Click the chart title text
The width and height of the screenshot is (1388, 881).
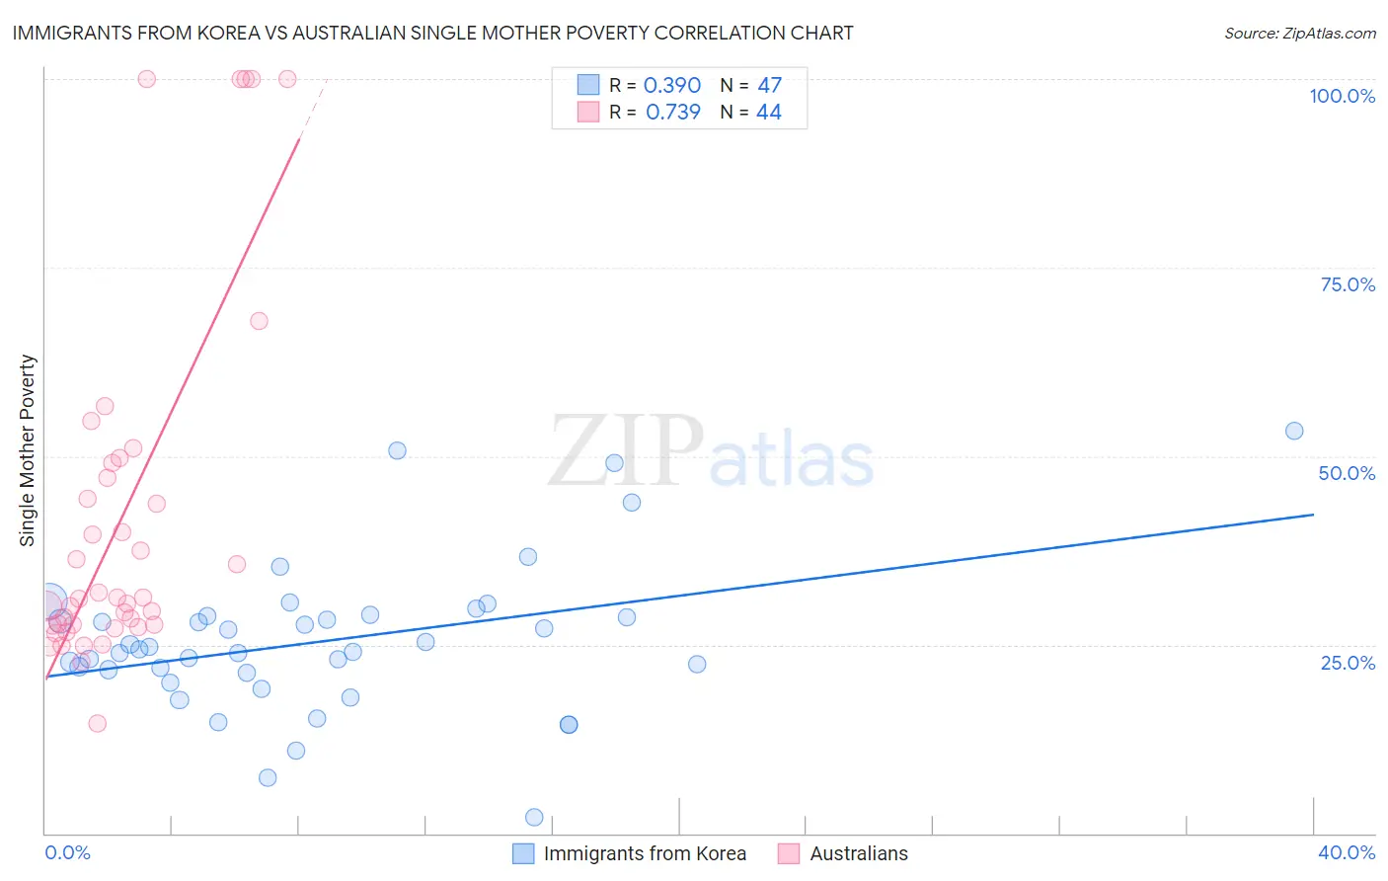point(432,33)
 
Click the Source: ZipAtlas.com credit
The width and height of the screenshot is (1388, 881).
point(1299,33)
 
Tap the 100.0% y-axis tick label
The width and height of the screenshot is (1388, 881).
point(1342,96)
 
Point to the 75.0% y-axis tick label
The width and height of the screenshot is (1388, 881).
point(1348,284)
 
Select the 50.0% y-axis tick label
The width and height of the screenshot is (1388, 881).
point(1347,473)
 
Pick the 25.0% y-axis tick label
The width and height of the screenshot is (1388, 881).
point(1348,663)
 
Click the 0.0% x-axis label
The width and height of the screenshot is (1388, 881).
point(67,852)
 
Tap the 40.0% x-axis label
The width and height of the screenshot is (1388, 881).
point(1346,852)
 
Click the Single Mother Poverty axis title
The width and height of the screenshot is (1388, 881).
point(27,450)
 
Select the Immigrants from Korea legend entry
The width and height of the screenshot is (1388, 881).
point(644,853)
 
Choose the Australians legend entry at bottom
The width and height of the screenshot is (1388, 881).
point(858,853)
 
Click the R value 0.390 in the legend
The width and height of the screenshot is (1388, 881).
point(671,85)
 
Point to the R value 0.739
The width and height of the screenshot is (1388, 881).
point(672,112)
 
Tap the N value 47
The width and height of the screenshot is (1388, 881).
point(769,85)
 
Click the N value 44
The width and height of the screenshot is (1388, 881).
point(768,112)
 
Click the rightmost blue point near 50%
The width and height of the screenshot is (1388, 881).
point(1294,431)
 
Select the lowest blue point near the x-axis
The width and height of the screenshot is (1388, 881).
point(534,817)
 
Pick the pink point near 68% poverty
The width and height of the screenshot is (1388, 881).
point(259,321)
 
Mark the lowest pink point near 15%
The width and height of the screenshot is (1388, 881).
point(97,723)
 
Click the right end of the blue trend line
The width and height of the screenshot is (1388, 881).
point(1313,515)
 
